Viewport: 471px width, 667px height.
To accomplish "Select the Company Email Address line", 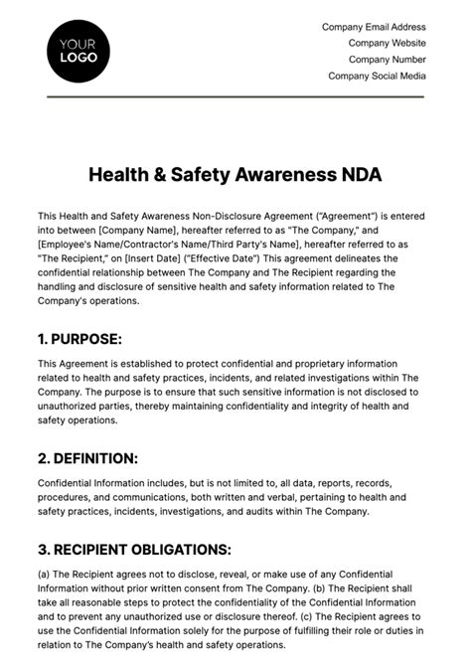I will click(374, 28).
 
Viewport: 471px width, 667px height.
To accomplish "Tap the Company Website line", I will click(387, 44).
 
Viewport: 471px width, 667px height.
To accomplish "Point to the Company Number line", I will click(386, 60).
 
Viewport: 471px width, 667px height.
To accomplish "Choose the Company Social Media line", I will click(377, 76).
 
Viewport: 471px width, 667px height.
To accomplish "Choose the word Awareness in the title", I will click(290, 175).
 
